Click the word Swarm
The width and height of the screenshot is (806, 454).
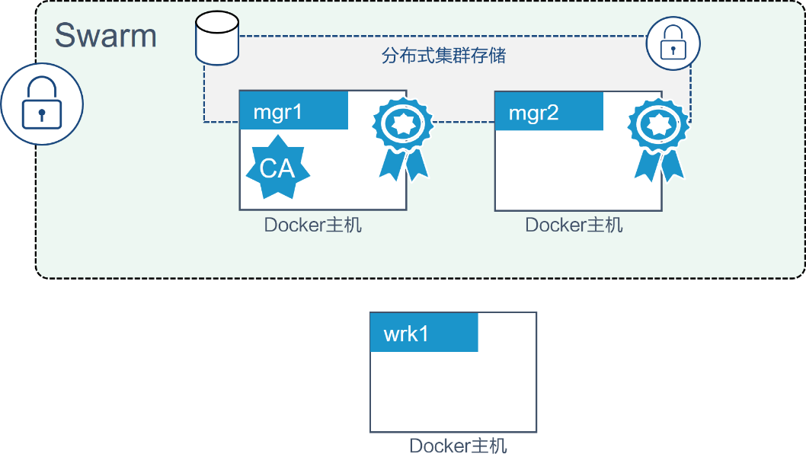pyautogui.click(x=106, y=36)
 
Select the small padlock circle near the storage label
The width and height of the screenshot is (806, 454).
pyautogui.click(x=673, y=45)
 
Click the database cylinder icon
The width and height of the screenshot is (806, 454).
pyautogui.click(x=216, y=38)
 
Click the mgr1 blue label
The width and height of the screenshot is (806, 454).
pyautogui.click(x=293, y=111)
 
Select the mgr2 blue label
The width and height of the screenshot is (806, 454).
pyautogui.click(x=549, y=112)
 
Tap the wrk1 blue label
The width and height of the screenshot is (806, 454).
pyautogui.click(x=424, y=333)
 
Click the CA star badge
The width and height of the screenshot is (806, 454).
pyautogui.click(x=277, y=167)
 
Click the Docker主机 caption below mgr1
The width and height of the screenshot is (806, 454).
pyautogui.click(x=313, y=225)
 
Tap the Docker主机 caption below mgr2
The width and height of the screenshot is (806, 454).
pyautogui.click(x=574, y=225)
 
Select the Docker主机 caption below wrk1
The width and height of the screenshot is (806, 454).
pyautogui.click(x=458, y=446)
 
